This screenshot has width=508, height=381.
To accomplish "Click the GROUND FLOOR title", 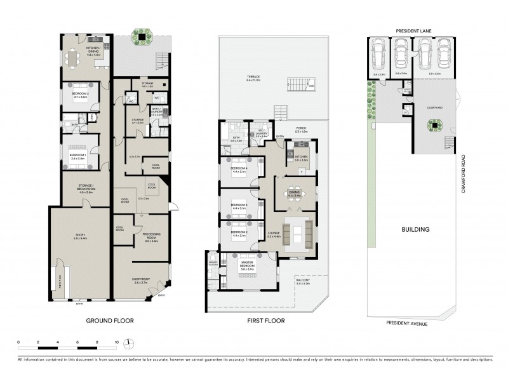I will pos(110,321).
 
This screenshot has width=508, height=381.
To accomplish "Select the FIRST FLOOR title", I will pos(266,321).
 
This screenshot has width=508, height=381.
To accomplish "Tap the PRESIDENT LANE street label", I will pos(413,30).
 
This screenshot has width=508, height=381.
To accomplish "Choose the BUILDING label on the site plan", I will pos(416,229).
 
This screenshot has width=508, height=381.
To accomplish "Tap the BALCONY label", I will pos(304,280).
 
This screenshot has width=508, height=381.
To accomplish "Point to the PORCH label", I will pos(302,128).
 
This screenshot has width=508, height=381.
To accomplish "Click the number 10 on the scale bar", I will pos(116,342).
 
